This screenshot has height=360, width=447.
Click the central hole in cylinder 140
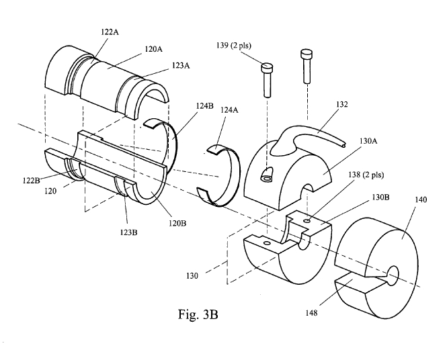394,273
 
